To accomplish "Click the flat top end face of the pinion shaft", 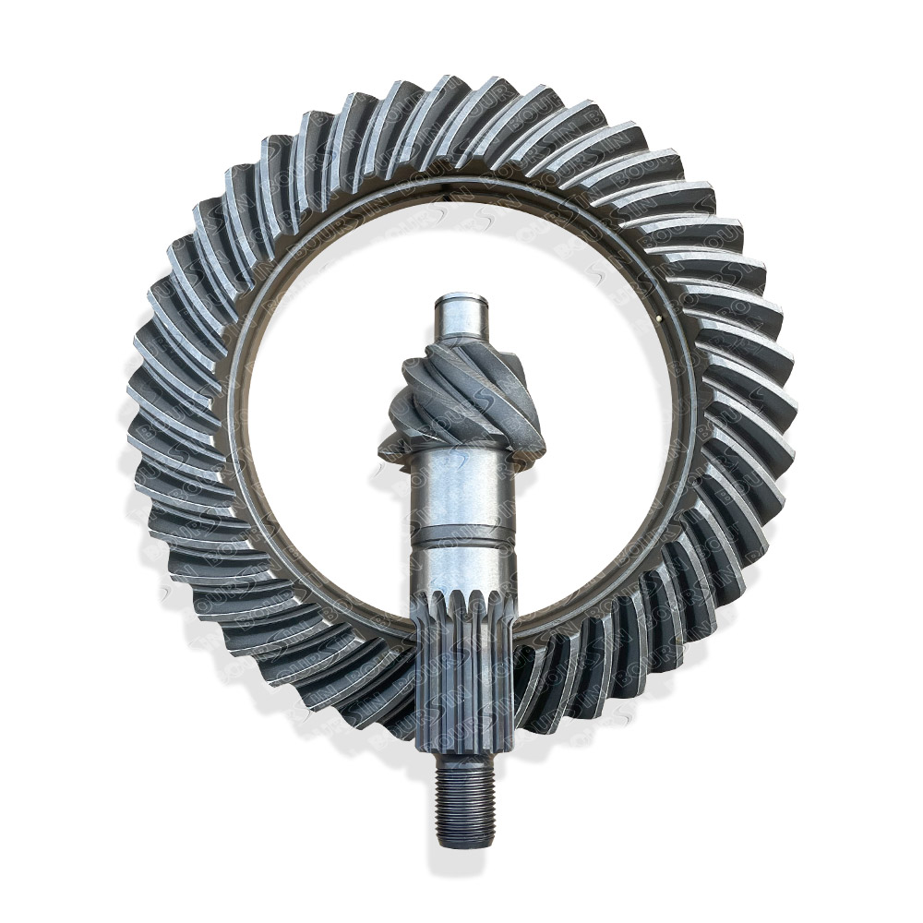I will point(461,298).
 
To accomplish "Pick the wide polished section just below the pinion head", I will point(462,489).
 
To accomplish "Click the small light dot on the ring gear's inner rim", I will point(656,319).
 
